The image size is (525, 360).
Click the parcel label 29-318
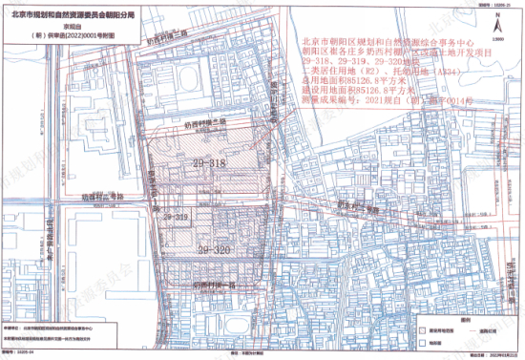(212, 164)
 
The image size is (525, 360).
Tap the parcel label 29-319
(178, 218)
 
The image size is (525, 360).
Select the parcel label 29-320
(216, 249)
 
